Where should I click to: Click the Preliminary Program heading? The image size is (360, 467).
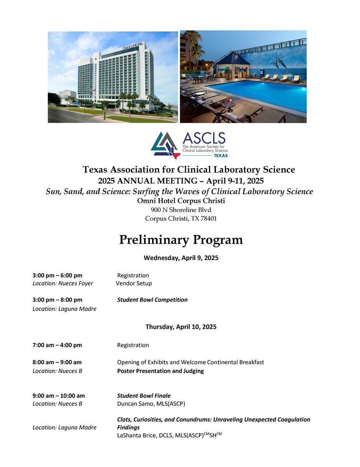pos(181,240)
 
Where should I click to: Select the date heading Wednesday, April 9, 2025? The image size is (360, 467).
pos(181,258)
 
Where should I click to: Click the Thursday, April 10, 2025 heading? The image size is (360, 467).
pos(181,327)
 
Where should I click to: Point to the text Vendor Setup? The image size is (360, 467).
pos(134,283)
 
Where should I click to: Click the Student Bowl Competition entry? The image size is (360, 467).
pos(152,300)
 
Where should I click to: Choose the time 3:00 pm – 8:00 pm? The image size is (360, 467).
pos(58,300)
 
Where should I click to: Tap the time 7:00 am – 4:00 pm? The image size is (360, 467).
pos(57,345)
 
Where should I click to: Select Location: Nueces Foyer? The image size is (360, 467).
pos(63,283)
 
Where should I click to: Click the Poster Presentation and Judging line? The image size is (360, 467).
pos(160,371)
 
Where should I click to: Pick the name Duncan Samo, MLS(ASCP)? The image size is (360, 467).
pos(151,404)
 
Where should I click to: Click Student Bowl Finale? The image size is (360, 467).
pos(144,395)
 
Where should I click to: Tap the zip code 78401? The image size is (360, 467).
pos(208,219)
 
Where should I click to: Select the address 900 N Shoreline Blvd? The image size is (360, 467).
pos(181,210)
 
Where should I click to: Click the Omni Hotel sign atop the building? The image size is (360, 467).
pos(133,46)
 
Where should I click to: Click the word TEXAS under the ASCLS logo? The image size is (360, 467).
pos(221,155)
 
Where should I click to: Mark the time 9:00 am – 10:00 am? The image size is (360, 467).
pos(59,395)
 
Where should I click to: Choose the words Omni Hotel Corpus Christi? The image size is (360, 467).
pos(181,201)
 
